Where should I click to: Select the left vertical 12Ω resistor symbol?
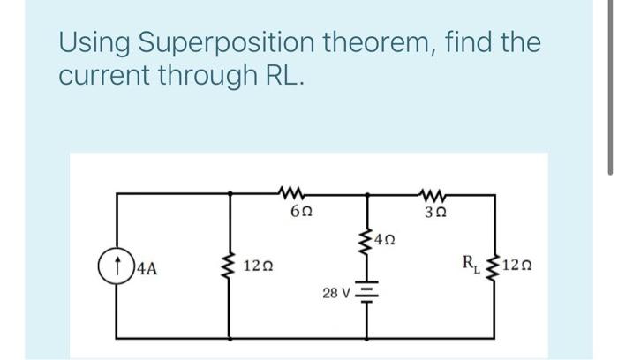click(x=231, y=264)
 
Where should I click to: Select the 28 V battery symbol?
click(x=362, y=295)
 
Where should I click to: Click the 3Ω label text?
click(x=434, y=212)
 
